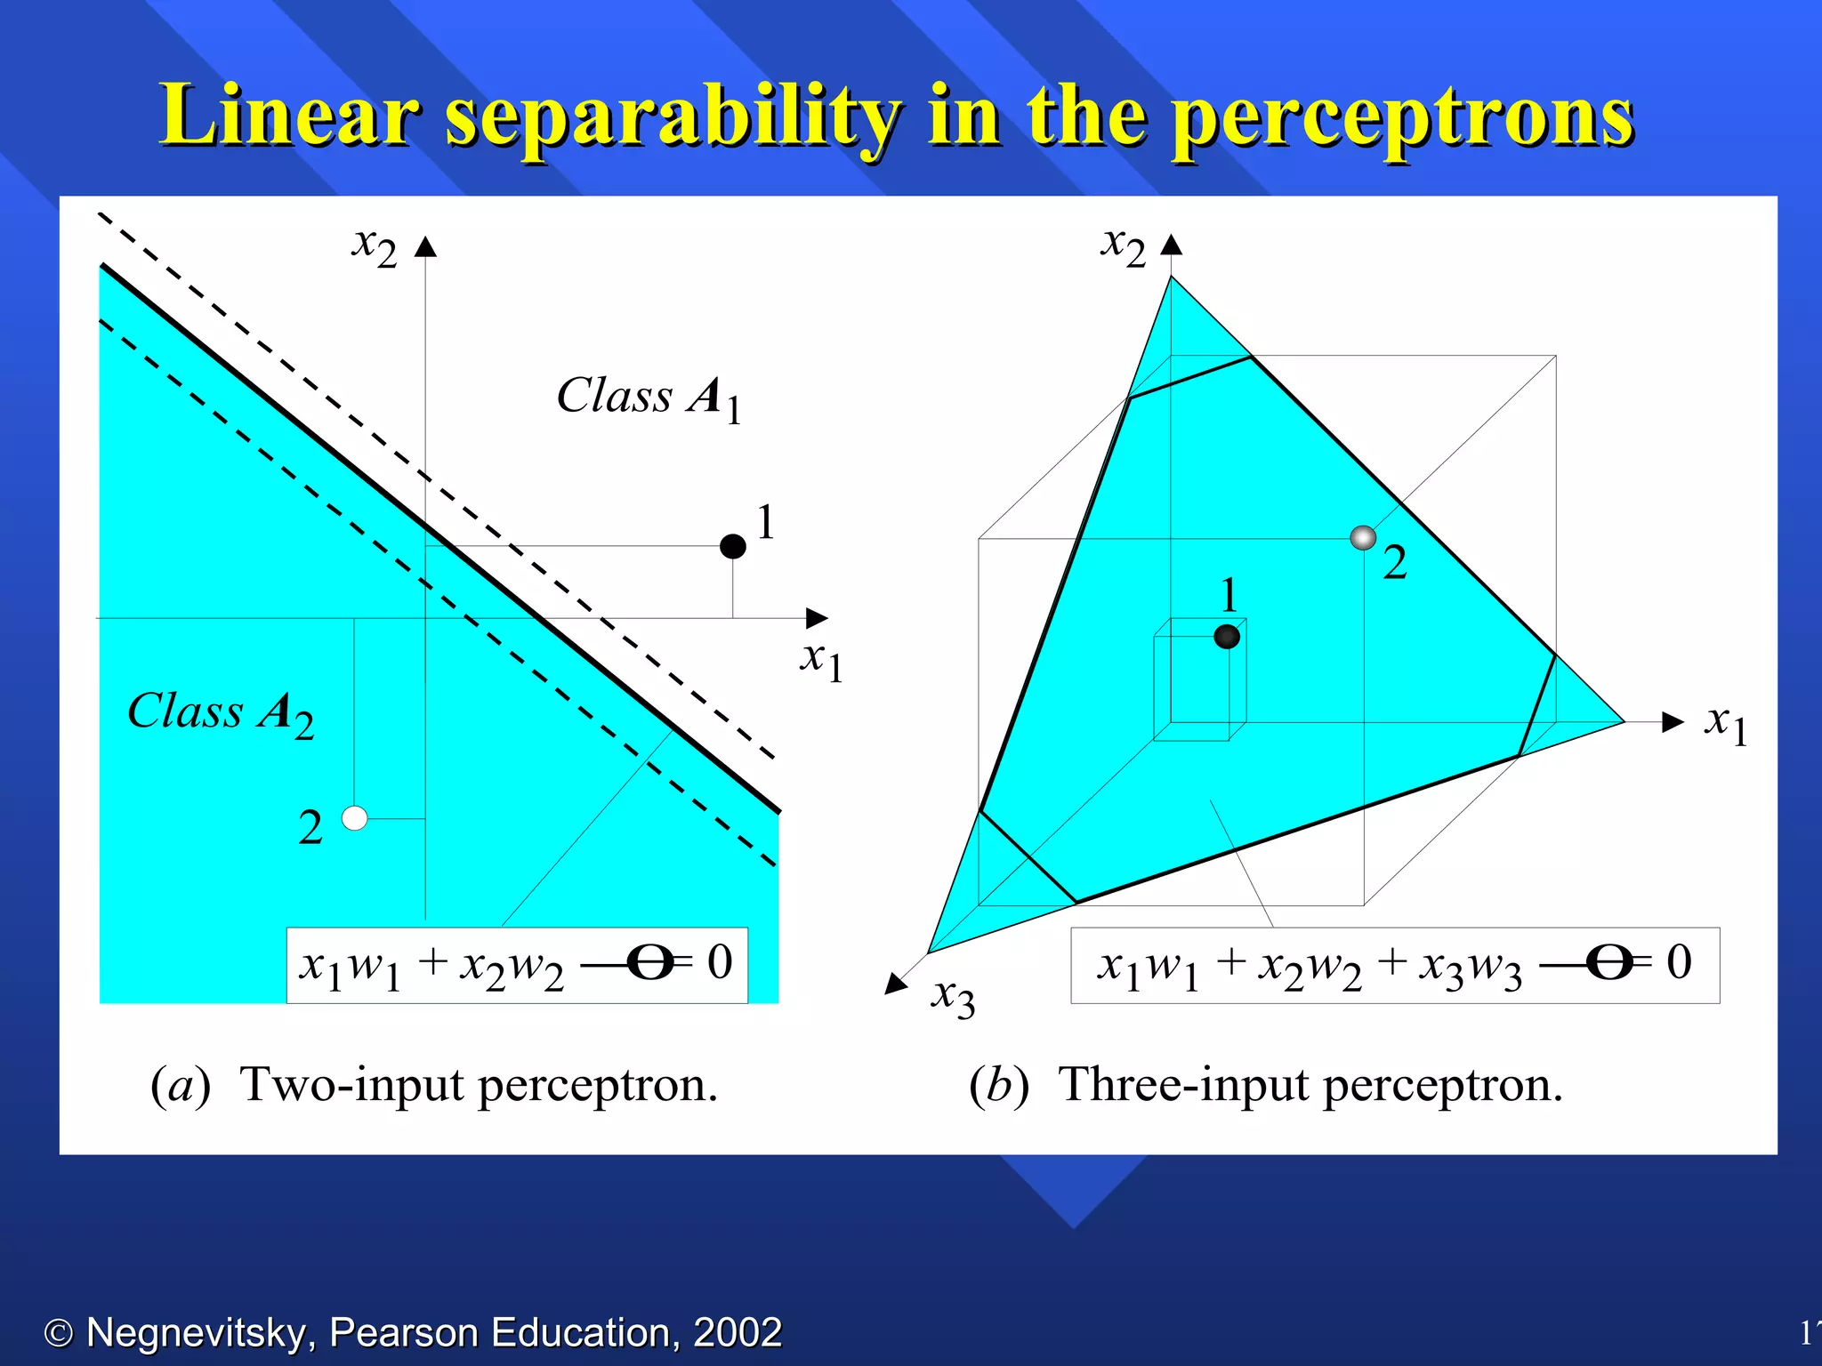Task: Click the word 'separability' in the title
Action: point(672,117)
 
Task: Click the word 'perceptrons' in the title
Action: point(1403,117)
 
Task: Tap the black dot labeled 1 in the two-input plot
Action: point(732,546)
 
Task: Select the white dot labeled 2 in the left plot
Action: point(354,818)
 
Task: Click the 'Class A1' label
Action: point(649,397)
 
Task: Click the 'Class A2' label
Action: point(220,712)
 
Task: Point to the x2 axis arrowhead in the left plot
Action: point(426,246)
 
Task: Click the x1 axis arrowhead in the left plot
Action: point(817,617)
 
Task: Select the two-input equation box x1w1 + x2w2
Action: point(516,965)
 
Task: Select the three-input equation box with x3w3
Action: point(1394,965)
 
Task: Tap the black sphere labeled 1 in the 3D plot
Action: point(1227,636)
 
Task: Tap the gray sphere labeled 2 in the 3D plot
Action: point(1363,537)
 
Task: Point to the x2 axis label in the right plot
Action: point(1123,245)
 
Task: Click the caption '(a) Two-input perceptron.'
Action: point(434,1085)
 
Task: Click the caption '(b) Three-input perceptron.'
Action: point(1265,1085)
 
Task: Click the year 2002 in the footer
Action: point(737,1332)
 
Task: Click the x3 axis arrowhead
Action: point(896,984)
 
